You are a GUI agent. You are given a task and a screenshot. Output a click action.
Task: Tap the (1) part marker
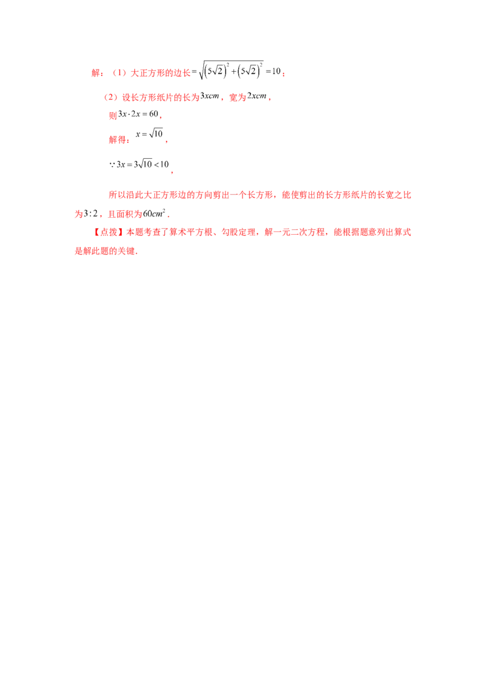pos(119,73)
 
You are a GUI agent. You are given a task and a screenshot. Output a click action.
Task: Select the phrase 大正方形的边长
pos(160,73)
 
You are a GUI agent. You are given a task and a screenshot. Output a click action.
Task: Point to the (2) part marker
pos(111,97)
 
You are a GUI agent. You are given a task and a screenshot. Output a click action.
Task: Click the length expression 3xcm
pos(209,96)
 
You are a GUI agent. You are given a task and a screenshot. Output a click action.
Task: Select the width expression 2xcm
pos(257,96)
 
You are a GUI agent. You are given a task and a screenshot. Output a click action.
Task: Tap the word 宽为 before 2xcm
pos(238,97)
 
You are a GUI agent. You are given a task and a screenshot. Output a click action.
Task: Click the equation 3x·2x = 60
pos(138,114)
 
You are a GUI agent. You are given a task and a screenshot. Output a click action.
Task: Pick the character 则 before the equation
pos(113,115)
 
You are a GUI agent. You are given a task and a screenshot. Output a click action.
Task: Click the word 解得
pos(118,140)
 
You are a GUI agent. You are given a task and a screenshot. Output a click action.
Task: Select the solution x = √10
pos(149,134)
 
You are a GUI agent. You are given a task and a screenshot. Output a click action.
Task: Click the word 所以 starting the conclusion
pos(117,195)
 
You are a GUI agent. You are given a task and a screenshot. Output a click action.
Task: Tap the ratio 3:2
pos(91,214)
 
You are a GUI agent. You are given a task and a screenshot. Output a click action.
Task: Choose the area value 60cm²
pos(154,213)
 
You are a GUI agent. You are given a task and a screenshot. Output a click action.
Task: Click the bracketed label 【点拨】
pos(108,232)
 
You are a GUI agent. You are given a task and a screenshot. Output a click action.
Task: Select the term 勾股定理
pos(238,232)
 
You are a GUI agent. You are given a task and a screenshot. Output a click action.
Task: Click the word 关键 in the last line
pos(126,251)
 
